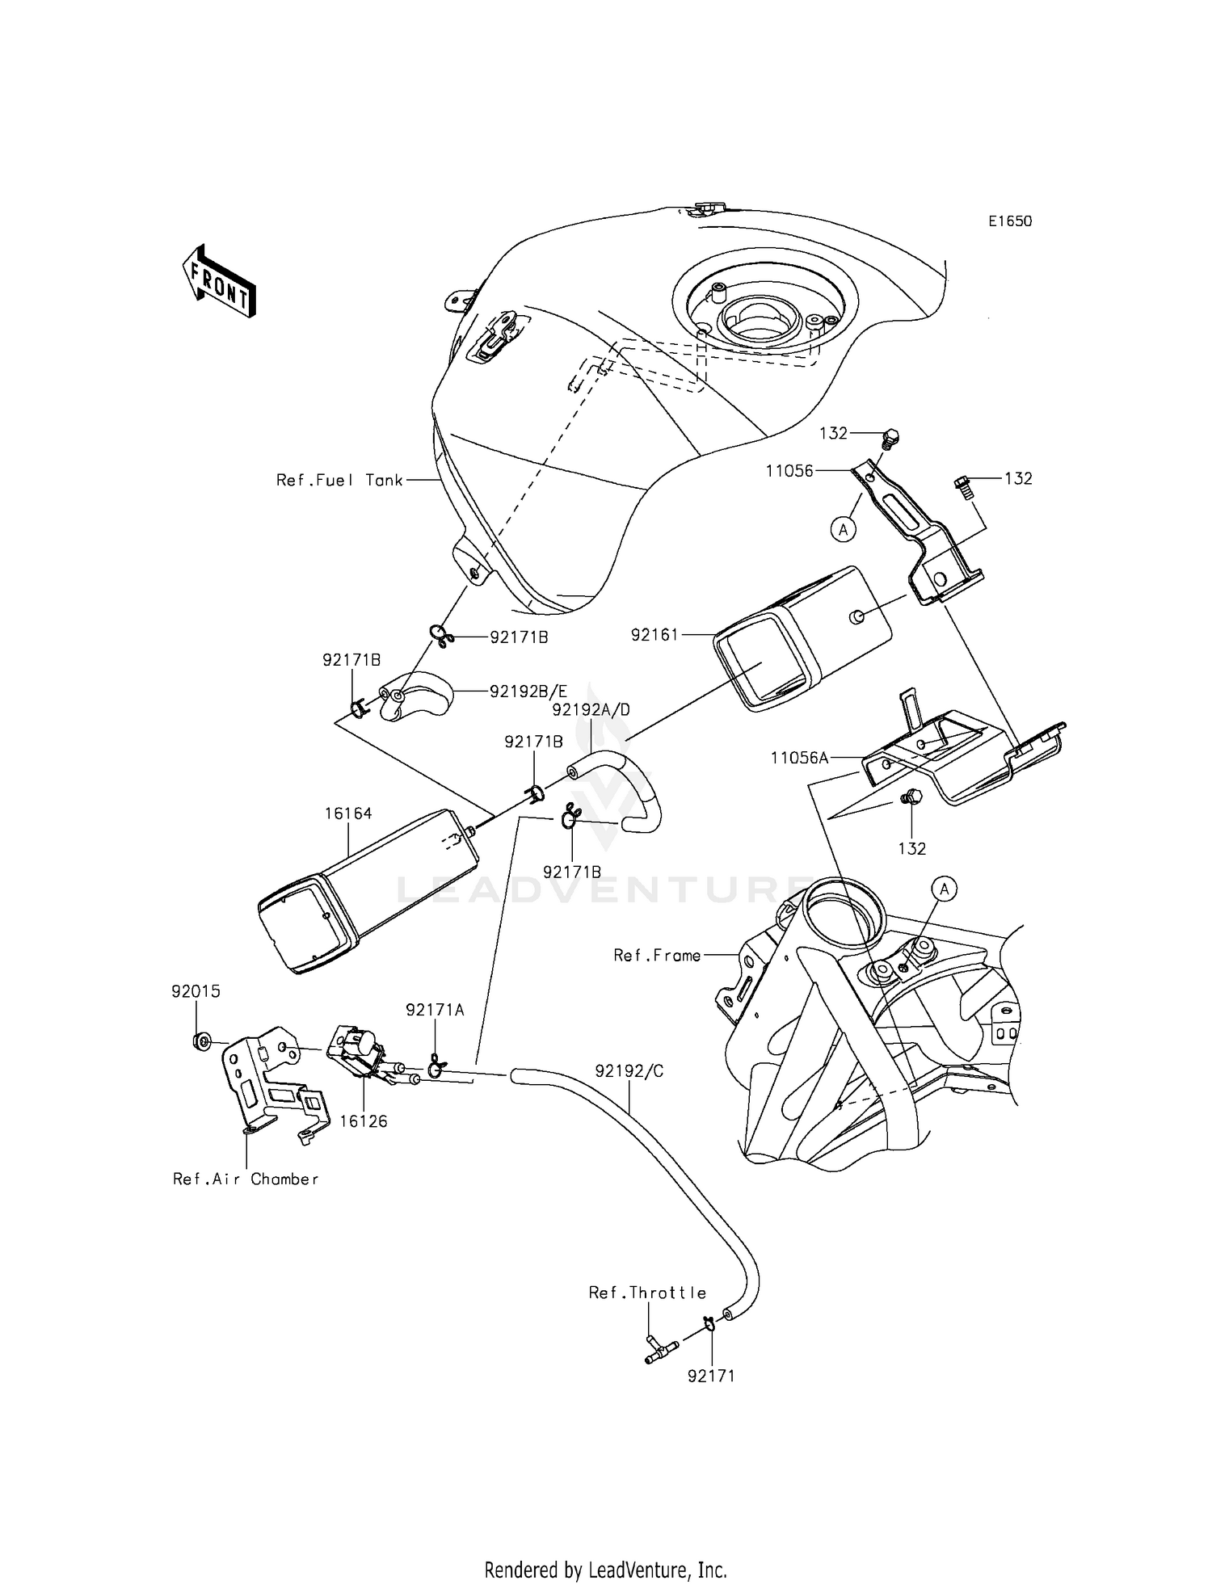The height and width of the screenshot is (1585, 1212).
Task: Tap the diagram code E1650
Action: point(1010,221)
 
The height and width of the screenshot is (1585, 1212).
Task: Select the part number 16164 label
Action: point(348,814)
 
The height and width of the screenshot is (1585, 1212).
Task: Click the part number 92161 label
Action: point(654,635)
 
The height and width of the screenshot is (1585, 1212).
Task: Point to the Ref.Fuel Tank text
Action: point(339,480)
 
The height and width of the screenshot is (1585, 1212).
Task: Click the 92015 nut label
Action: point(196,991)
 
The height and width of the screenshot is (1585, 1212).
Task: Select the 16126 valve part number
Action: point(364,1121)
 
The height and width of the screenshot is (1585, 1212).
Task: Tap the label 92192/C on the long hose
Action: point(629,1071)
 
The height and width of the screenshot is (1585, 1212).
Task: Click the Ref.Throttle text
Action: point(647,1293)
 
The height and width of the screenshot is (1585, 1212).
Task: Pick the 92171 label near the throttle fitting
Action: point(711,1376)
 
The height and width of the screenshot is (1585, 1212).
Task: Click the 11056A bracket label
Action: point(800,758)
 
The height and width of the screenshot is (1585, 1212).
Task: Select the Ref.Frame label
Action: point(657,956)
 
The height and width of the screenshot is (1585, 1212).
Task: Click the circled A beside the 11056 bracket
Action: point(844,530)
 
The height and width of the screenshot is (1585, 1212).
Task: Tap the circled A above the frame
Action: point(944,889)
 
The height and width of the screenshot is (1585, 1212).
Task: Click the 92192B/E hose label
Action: point(528,692)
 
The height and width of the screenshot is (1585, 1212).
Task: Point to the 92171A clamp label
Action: point(435,1010)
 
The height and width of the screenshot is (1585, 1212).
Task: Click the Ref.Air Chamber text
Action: point(246,1179)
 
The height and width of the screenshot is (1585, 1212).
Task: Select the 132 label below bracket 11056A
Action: point(911,848)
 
